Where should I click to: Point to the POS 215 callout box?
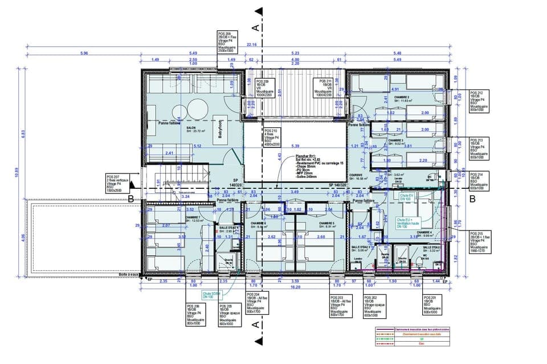coord(479,242)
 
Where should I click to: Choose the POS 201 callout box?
coord(432,305)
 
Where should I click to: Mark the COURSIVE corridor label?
coord(356,175)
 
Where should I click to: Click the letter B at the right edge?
coord(472,199)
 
